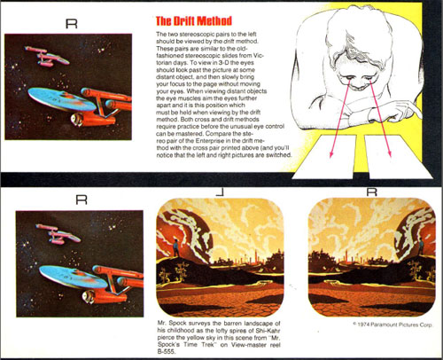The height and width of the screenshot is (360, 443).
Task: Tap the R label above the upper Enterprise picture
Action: [x=72, y=23]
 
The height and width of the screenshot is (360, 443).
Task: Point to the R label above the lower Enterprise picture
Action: [x=81, y=200]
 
